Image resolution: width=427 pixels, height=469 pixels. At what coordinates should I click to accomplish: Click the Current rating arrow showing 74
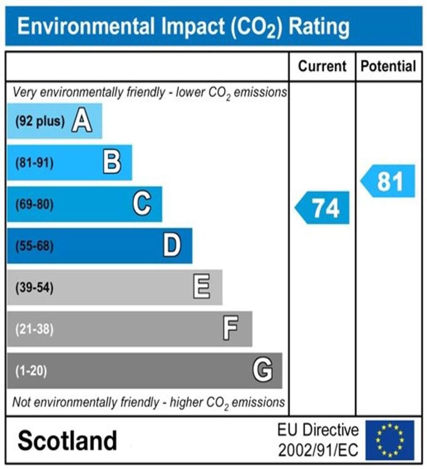tap(323, 208)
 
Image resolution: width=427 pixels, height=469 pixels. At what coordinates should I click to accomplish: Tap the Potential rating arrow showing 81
tap(389, 181)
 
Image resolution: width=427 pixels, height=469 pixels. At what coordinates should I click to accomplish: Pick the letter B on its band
tap(112, 163)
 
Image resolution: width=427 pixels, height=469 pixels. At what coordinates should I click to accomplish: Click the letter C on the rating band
tap(142, 204)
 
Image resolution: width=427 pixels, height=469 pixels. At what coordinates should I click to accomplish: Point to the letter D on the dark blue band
tap(172, 246)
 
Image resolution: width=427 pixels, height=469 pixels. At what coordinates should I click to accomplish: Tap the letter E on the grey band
tap(201, 288)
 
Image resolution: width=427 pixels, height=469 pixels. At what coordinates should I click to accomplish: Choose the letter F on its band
tap(230, 329)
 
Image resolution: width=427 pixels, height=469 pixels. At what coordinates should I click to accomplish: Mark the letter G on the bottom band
tap(263, 371)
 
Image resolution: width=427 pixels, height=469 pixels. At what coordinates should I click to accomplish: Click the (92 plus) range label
tap(40, 122)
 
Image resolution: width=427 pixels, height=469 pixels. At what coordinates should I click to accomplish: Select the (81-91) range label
tap(34, 163)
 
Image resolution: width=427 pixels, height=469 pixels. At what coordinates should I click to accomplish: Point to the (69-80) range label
tap(34, 204)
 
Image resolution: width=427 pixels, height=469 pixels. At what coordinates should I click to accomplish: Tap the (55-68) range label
tap(34, 246)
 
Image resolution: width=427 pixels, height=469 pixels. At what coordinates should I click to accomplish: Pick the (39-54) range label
tap(34, 288)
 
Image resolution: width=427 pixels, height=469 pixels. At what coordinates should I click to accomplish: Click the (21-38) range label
tap(34, 329)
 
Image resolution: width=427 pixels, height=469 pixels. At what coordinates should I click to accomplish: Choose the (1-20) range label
tap(31, 371)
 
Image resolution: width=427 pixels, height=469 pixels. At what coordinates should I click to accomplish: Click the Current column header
tap(322, 66)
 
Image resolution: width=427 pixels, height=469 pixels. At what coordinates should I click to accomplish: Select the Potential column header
tap(389, 66)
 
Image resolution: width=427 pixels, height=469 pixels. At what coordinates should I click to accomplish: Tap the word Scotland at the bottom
tap(67, 441)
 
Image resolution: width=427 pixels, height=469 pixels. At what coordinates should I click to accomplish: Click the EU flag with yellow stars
tap(389, 440)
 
